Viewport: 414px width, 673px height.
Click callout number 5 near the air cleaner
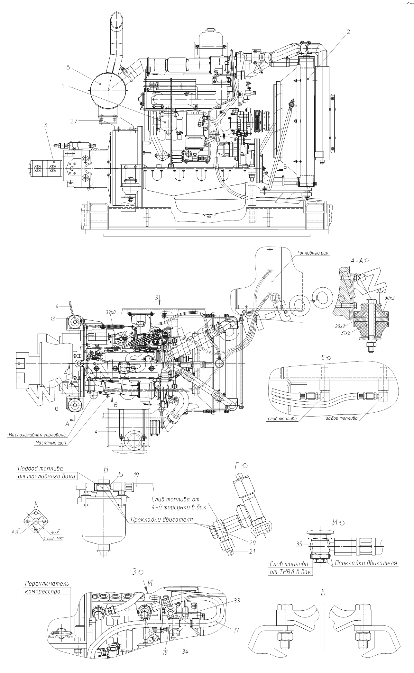click(68, 67)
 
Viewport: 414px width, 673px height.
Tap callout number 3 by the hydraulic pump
click(46, 125)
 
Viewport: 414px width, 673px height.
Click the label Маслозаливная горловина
click(37, 435)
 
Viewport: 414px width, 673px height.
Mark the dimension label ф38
click(54, 532)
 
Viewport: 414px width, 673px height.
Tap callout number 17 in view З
click(236, 637)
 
